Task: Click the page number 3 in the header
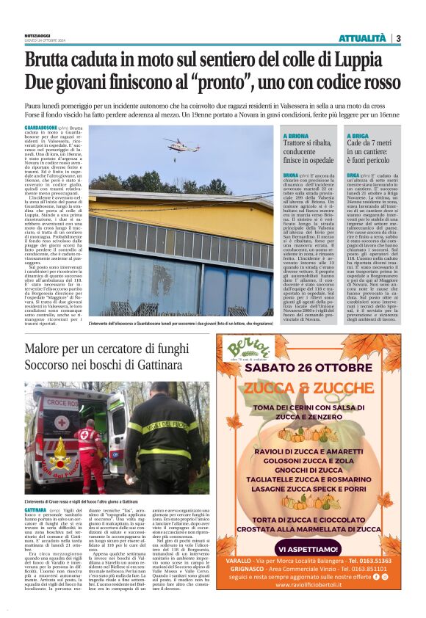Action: coord(397,38)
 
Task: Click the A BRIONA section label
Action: coord(297,136)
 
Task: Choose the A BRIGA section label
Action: coord(359,136)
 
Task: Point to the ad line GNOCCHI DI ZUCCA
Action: coord(313,468)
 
